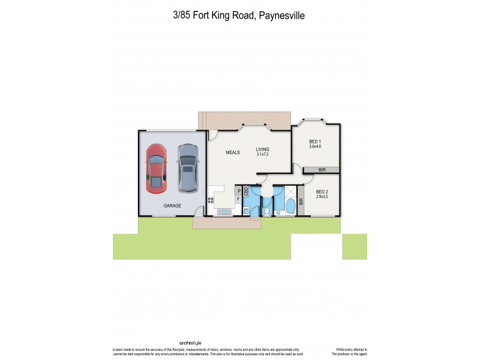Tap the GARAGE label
(x=172, y=206)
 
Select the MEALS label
(x=233, y=152)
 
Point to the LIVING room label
(x=263, y=149)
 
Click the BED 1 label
(x=315, y=141)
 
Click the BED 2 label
(x=323, y=191)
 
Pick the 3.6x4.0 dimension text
(x=315, y=146)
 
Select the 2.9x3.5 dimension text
(x=323, y=197)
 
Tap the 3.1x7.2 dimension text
(x=263, y=155)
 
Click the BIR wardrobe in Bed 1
(x=322, y=170)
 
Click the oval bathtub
(x=290, y=206)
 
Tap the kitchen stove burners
(x=211, y=200)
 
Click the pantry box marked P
(x=238, y=191)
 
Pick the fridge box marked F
(x=238, y=199)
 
